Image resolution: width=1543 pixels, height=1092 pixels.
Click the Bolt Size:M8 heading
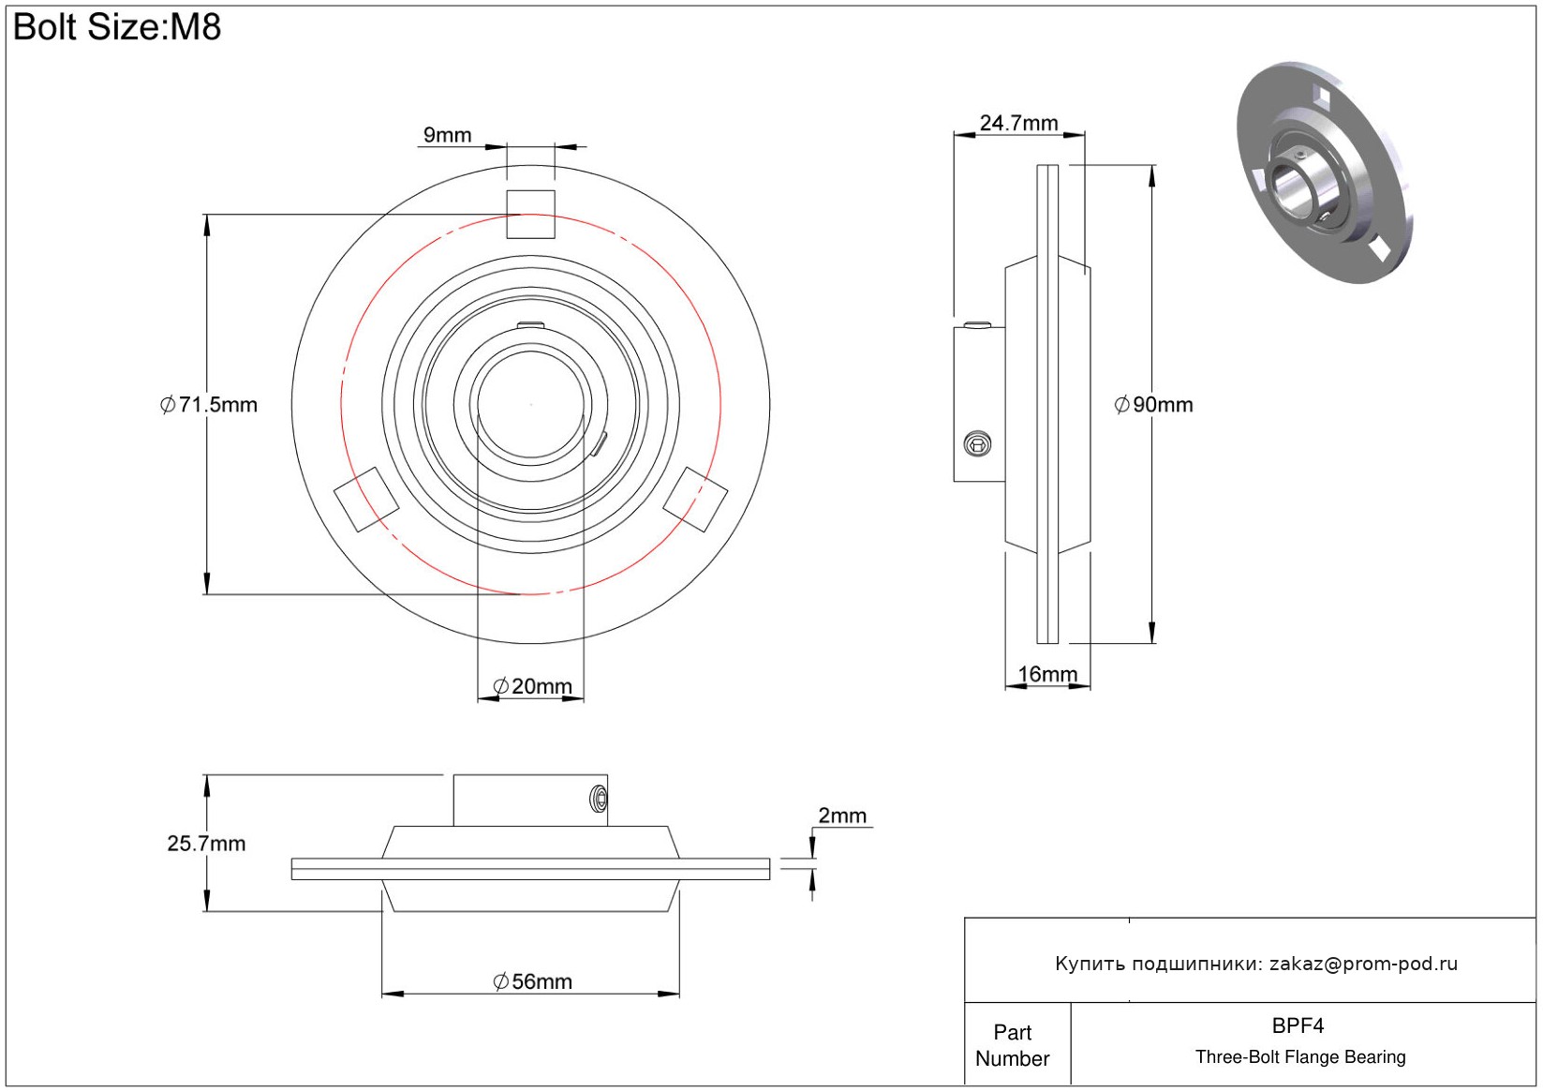117,27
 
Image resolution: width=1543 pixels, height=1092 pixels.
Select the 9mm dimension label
447,135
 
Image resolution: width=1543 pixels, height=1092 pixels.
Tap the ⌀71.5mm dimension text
209,405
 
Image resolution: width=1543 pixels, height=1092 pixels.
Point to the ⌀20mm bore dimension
532,686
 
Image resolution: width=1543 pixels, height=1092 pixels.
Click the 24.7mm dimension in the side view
1018,123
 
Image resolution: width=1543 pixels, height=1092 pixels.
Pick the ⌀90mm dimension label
1153,405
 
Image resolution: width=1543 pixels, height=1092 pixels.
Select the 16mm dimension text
1047,674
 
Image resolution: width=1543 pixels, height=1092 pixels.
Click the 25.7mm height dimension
206,844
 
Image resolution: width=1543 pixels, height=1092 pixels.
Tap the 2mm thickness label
842,815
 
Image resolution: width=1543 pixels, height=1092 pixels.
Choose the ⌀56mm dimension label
532,981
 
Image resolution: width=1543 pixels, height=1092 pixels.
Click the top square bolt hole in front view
531,215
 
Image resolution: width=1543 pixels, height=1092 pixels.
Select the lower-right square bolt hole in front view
695,500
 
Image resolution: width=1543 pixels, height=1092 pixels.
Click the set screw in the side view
977,443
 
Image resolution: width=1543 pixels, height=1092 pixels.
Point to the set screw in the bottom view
599,800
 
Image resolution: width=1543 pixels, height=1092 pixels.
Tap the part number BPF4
1298,1025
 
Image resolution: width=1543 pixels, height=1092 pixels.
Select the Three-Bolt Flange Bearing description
1300,1057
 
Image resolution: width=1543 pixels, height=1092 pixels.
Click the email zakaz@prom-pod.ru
1363,964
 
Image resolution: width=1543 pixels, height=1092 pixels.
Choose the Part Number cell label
1013,1045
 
